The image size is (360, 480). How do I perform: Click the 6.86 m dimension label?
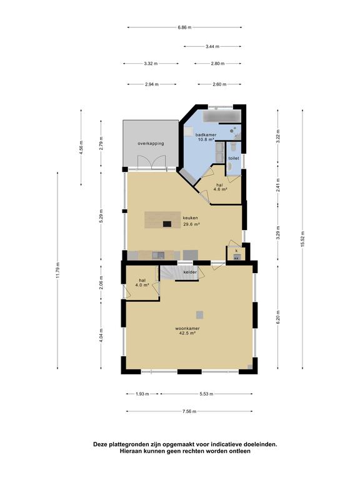point(184,27)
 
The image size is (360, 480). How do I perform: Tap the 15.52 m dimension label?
point(302,239)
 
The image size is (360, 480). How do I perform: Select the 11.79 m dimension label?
point(58,270)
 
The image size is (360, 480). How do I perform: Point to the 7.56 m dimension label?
point(189,411)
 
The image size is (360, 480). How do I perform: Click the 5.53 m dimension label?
point(206,394)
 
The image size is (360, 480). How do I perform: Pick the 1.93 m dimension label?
point(142,394)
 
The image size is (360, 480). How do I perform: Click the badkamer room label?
point(206,135)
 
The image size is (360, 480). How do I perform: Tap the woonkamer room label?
point(187,329)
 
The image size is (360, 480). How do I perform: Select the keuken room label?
point(191,218)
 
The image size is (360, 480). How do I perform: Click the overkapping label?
point(151,143)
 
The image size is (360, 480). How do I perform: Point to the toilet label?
point(234,158)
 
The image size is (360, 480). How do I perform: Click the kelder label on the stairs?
point(189,272)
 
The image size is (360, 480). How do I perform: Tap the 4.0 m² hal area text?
point(142,285)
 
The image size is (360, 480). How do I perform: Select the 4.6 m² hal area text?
point(219,189)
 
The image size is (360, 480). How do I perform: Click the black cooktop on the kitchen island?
point(167,224)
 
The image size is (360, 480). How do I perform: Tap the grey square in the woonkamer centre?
point(199,314)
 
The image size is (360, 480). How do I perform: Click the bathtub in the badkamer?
point(222,116)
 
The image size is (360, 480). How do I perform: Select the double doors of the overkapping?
point(151,162)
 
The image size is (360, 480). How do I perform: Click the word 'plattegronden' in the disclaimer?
point(130,444)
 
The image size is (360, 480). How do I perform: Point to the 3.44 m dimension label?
point(212,46)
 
